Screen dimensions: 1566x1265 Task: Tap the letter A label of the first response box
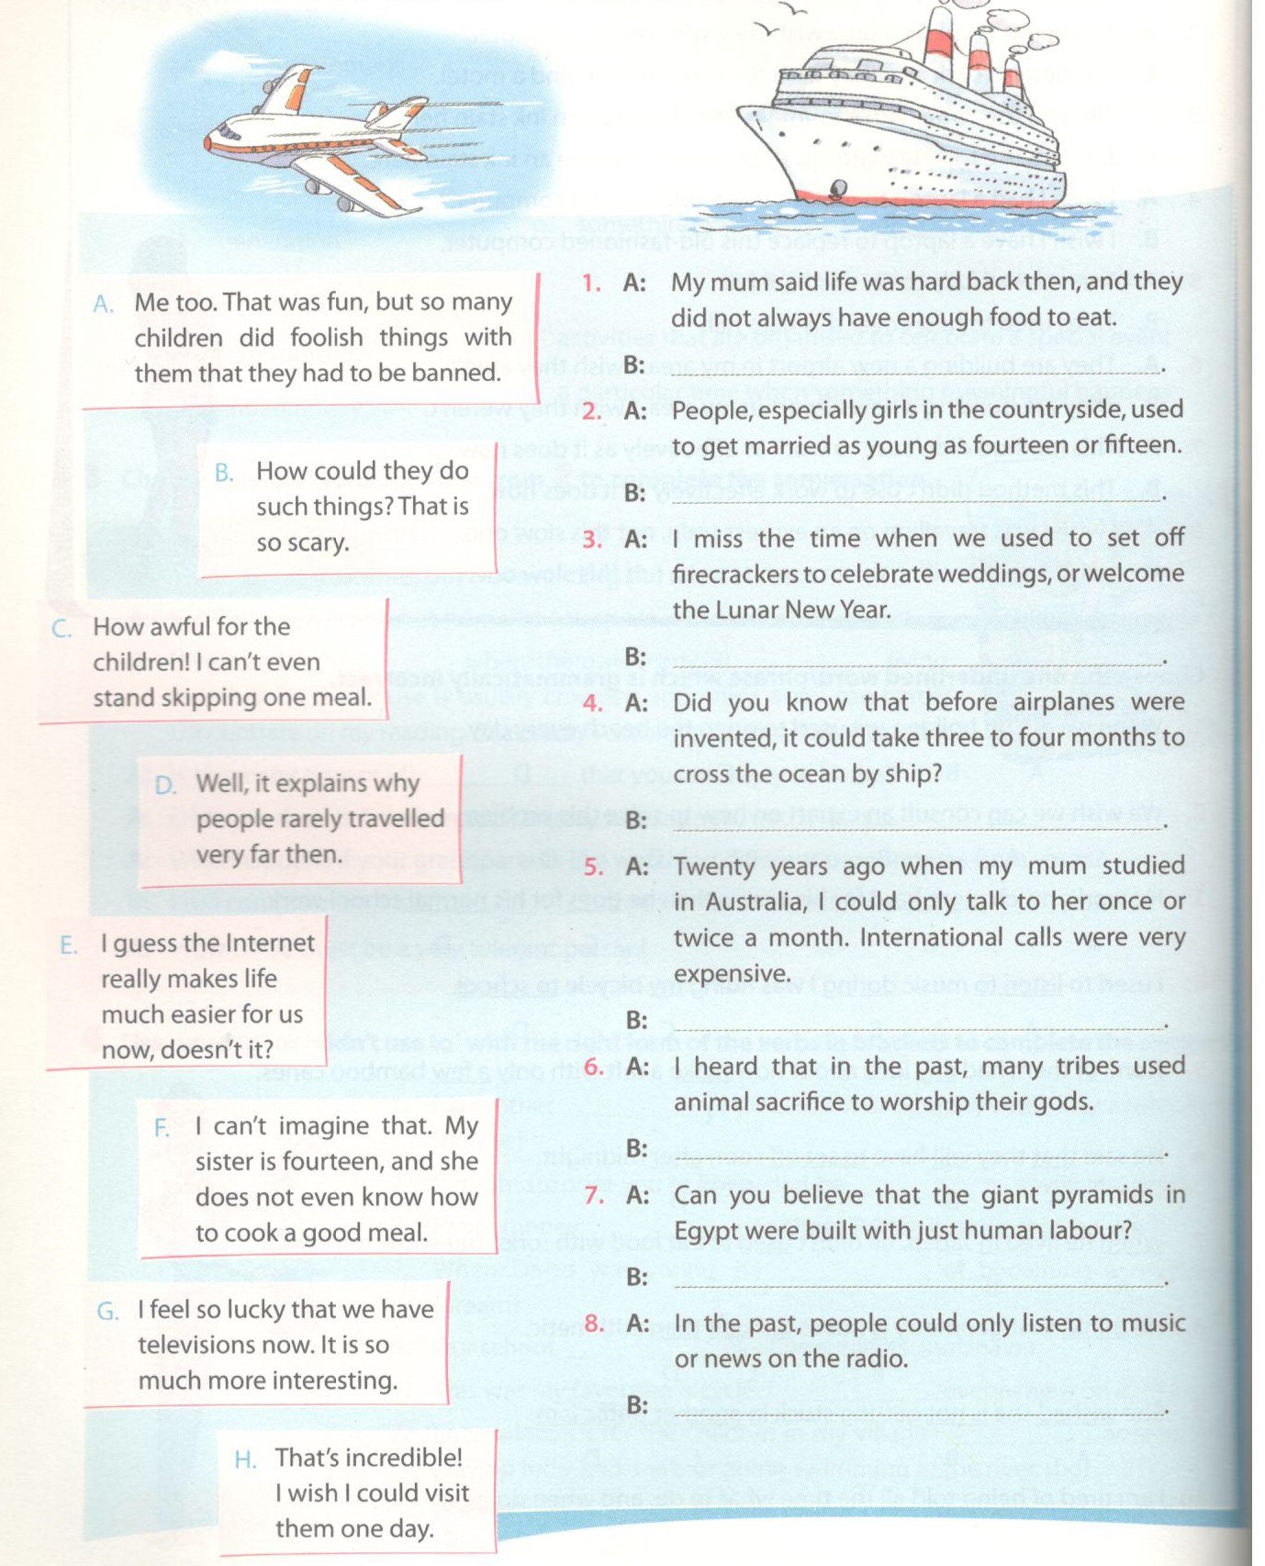tap(103, 304)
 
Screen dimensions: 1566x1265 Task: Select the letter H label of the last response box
tap(245, 1459)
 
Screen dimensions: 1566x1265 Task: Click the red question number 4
tap(593, 704)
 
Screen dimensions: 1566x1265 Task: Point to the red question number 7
tap(594, 1195)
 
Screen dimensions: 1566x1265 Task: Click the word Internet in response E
tap(270, 944)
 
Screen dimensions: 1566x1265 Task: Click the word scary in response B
tap(316, 543)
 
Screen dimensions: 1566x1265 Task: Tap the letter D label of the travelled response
tap(165, 785)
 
